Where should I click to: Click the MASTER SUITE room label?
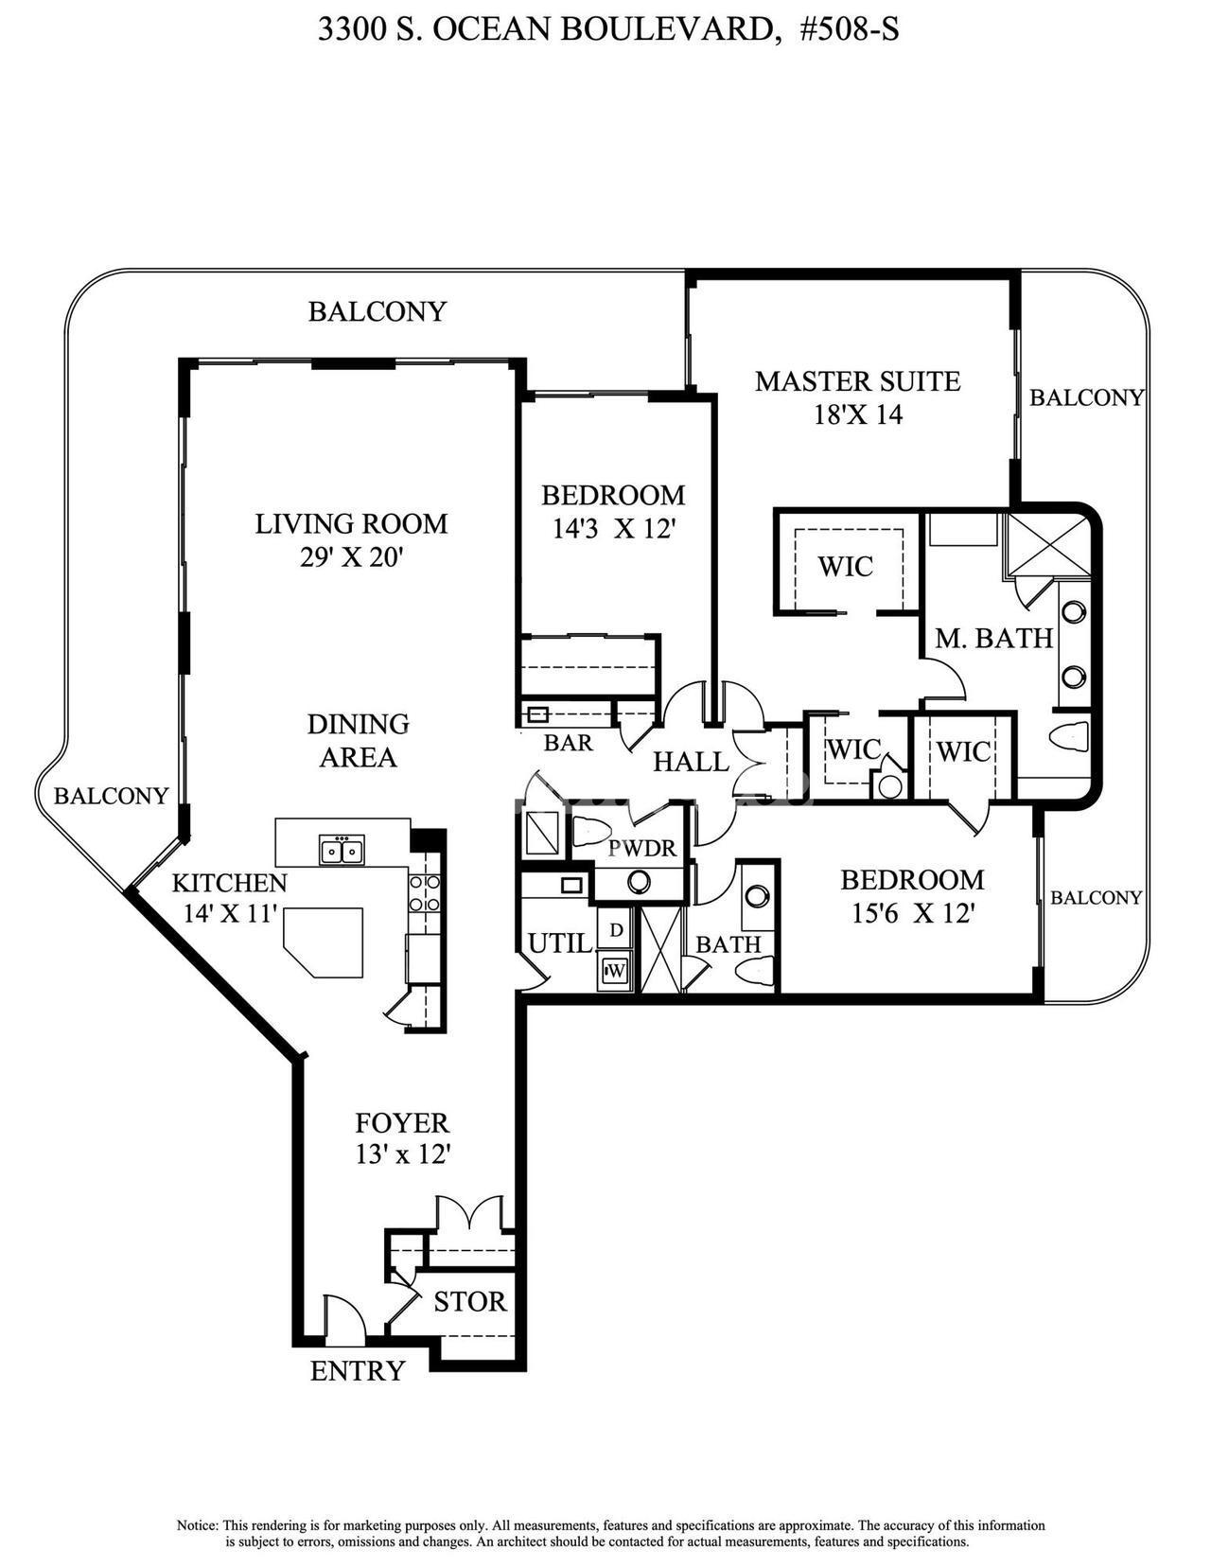pos(858,381)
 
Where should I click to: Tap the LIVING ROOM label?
pos(352,523)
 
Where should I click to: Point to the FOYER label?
pos(402,1123)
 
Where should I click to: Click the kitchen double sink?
pos(342,850)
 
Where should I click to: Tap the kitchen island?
pos(323,942)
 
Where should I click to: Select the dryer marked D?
pos(615,930)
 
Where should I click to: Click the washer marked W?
pos(615,971)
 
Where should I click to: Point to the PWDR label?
pos(642,848)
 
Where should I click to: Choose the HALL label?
pos(691,762)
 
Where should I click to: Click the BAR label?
pos(568,742)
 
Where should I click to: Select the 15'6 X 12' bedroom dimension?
pos(913,914)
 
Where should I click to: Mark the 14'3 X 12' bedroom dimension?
pos(613,529)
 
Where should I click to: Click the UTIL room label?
pos(560,942)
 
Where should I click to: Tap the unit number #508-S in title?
pos(850,31)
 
